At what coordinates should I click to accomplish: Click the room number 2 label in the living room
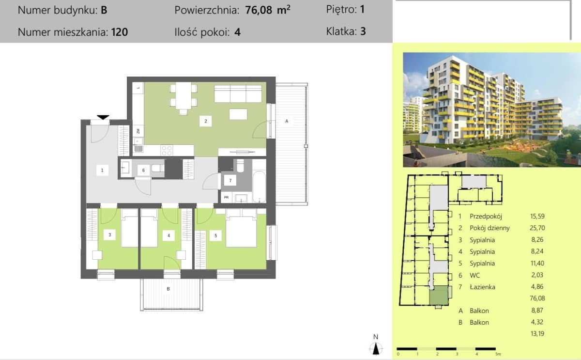click(205, 121)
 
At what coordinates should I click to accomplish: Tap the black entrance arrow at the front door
click(103, 117)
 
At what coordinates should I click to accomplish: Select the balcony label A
click(287, 121)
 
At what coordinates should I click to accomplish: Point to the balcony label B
click(168, 289)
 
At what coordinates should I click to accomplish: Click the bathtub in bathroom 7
click(259, 187)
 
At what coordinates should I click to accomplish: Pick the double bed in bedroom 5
click(241, 228)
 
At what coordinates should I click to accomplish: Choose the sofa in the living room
click(238, 94)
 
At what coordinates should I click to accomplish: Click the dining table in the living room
click(183, 96)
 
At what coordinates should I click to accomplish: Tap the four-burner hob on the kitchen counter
click(167, 151)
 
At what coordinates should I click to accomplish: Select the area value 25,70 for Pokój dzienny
click(537, 228)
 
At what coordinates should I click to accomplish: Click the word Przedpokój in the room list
click(486, 216)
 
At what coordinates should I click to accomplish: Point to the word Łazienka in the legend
click(482, 287)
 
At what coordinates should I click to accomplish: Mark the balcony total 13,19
click(537, 333)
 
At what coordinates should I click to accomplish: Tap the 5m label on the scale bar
click(498, 354)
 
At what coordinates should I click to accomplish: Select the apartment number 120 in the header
click(120, 32)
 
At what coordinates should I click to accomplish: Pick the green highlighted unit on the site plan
click(439, 295)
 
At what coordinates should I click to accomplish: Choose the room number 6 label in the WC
click(143, 170)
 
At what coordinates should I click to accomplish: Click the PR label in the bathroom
click(227, 197)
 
